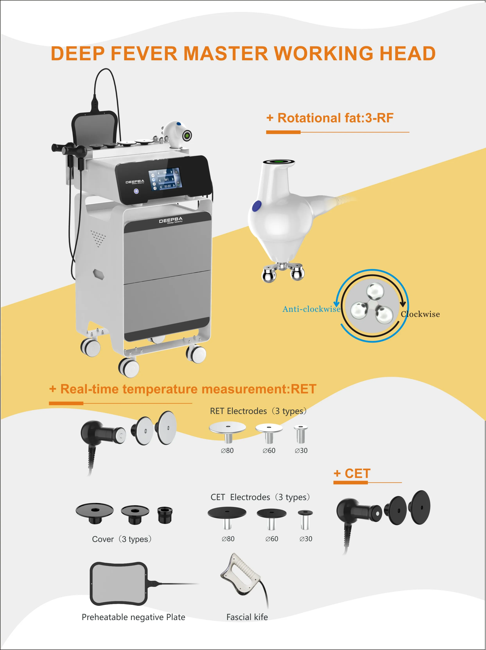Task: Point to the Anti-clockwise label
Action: point(311,309)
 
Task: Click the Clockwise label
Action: point(420,314)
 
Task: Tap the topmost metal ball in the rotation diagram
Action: point(375,291)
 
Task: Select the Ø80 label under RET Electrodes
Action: point(227,451)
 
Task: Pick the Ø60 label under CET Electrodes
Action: point(272,539)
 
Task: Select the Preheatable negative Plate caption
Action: point(133,617)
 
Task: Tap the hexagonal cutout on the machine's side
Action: point(99,274)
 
